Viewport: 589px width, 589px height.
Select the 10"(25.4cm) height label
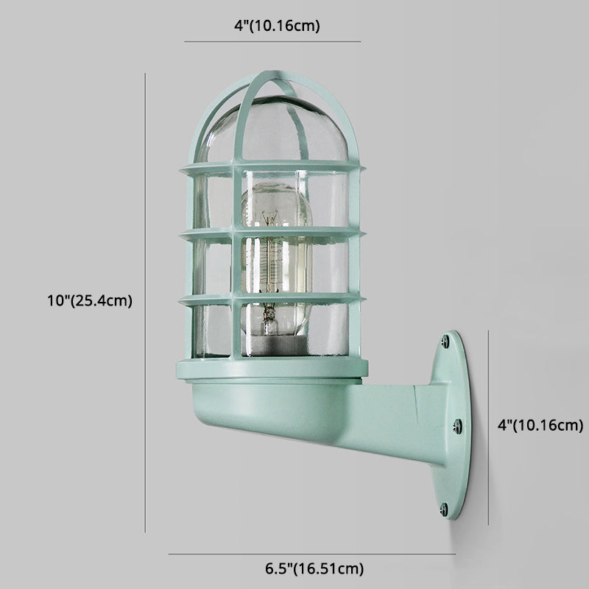point(88,300)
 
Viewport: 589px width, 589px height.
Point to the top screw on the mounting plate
point(445,341)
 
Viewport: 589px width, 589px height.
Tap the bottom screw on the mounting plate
point(444,507)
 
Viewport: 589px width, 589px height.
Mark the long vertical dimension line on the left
point(145,302)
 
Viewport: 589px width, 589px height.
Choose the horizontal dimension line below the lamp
point(312,554)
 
